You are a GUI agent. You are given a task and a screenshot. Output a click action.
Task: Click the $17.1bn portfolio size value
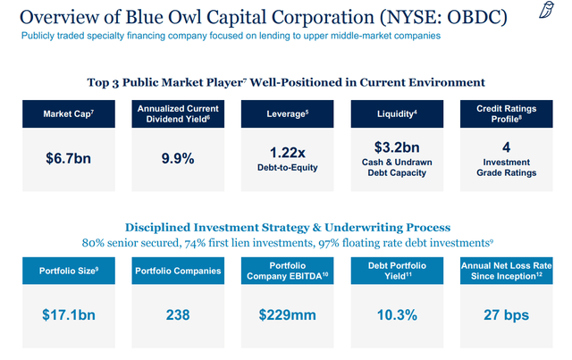67,314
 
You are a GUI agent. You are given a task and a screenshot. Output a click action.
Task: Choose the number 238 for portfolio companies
176,314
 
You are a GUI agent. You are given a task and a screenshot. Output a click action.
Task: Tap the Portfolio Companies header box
176,269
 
